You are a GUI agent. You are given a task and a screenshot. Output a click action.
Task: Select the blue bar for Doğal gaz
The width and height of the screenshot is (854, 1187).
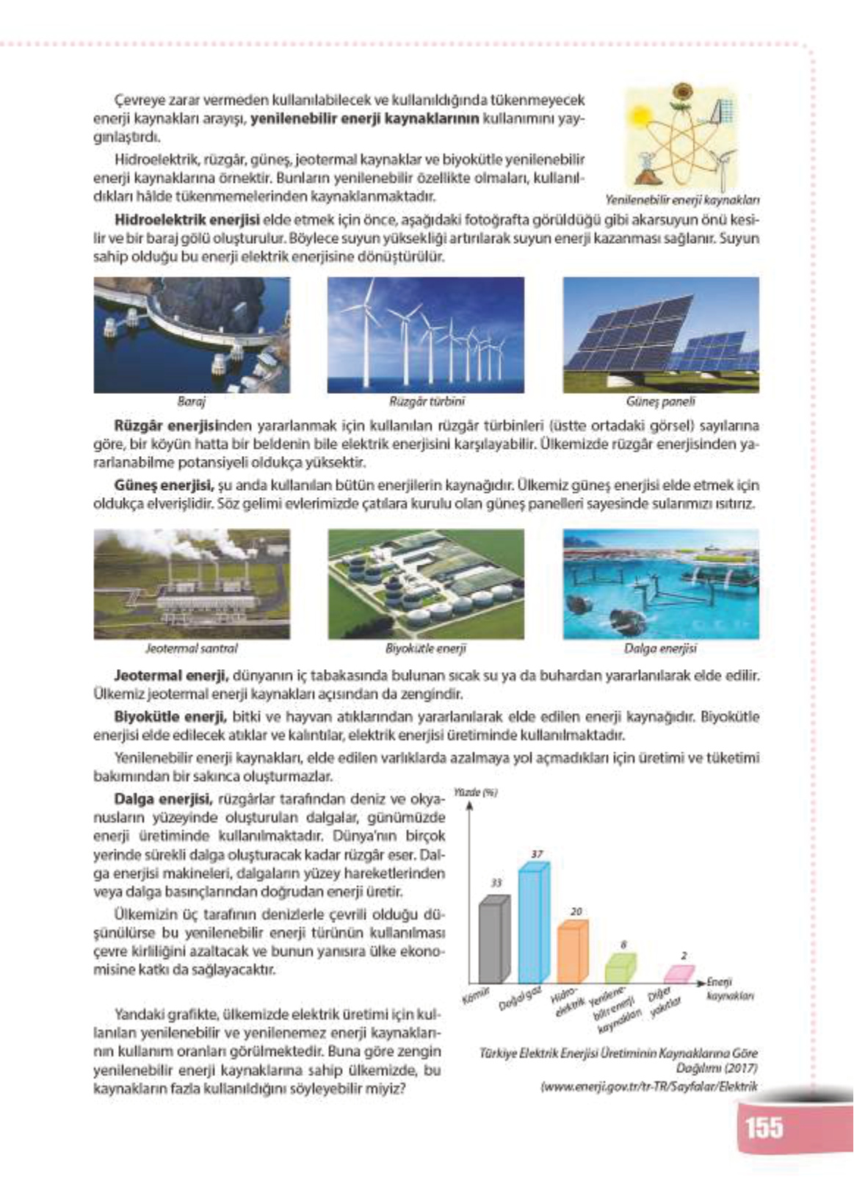(534, 926)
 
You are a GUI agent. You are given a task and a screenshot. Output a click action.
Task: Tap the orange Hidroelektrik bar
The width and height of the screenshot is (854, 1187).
(573, 954)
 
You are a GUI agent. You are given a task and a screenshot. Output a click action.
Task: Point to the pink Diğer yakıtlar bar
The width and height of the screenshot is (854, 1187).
(679, 975)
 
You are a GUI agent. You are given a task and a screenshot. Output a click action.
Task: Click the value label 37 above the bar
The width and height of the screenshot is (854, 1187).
(537, 854)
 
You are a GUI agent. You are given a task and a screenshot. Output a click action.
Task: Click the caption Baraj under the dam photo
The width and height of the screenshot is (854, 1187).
(192, 402)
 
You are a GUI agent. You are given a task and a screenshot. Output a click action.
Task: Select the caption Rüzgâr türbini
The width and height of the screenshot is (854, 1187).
(427, 402)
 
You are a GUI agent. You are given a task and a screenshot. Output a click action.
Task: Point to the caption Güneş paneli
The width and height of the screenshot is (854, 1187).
(661, 402)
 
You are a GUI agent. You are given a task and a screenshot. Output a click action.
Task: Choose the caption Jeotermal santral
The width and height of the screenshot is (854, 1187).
(192, 649)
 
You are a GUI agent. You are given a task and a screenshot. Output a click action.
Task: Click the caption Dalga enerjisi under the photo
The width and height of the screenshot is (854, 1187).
(661, 649)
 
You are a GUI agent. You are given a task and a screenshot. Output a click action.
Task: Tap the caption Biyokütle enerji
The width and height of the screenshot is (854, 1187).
(426, 649)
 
